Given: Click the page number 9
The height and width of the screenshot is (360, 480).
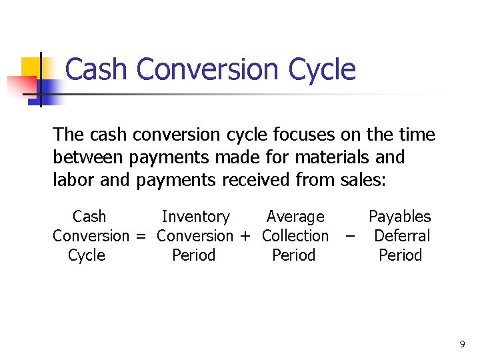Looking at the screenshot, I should tap(462, 345).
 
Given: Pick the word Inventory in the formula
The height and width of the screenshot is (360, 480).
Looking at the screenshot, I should tap(195, 217).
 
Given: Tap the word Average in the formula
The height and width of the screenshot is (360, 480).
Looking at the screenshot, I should tap(295, 217).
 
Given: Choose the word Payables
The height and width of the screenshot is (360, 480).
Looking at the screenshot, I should tap(400, 217).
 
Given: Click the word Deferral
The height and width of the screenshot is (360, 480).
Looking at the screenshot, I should tap(402, 236).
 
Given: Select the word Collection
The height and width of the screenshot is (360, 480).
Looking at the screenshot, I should tap(295, 236).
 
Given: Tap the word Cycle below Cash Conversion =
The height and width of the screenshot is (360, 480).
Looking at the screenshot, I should tap(87, 255).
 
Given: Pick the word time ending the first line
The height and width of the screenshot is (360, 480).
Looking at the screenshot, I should tap(417, 135).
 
